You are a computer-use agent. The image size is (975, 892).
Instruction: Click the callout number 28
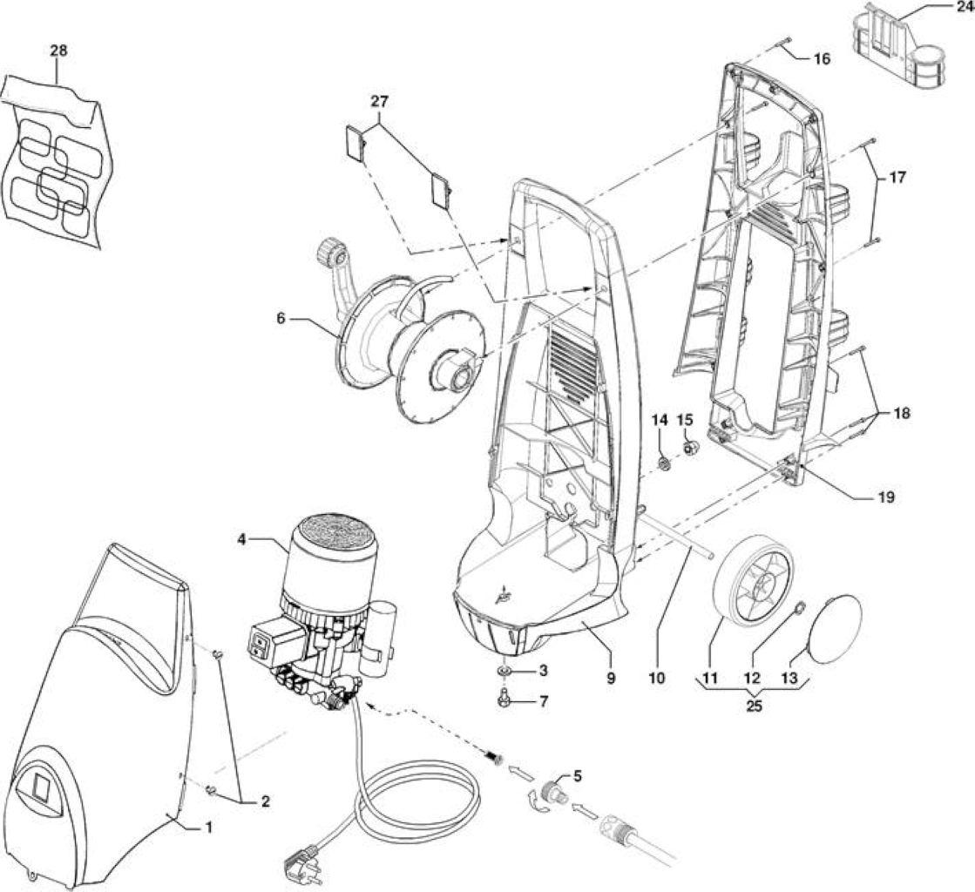point(58,51)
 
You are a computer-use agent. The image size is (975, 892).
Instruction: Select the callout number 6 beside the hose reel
point(281,318)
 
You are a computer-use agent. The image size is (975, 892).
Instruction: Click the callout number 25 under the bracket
point(753,706)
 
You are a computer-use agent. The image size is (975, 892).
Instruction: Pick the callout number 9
point(611,678)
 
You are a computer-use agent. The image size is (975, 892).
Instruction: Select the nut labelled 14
point(665,463)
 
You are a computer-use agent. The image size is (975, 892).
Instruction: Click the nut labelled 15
point(690,448)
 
